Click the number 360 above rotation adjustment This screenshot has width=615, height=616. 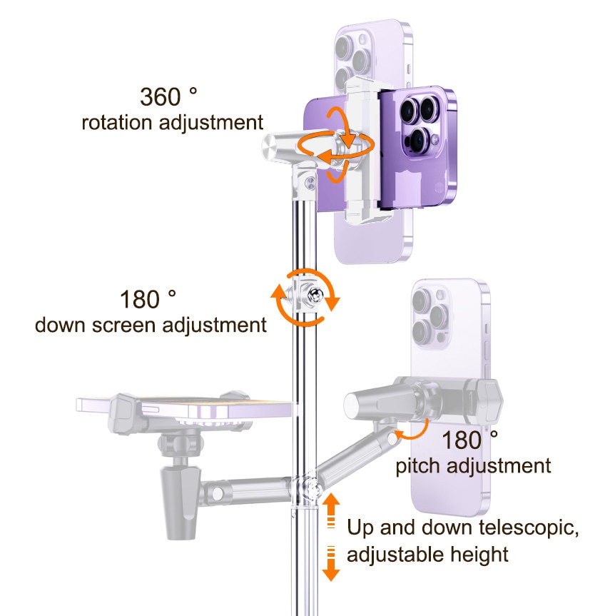(160, 96)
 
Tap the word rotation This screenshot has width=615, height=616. (116, 123)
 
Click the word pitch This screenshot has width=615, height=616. (418, 466)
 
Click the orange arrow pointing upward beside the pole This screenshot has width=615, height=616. (332, 510)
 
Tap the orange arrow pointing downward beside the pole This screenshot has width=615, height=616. (332, 564)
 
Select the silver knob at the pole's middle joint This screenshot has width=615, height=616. (315, 295)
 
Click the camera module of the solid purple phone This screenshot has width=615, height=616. (420, 126)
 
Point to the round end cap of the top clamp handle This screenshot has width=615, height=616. (270, 147)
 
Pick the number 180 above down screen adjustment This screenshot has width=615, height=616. (140, 299)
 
